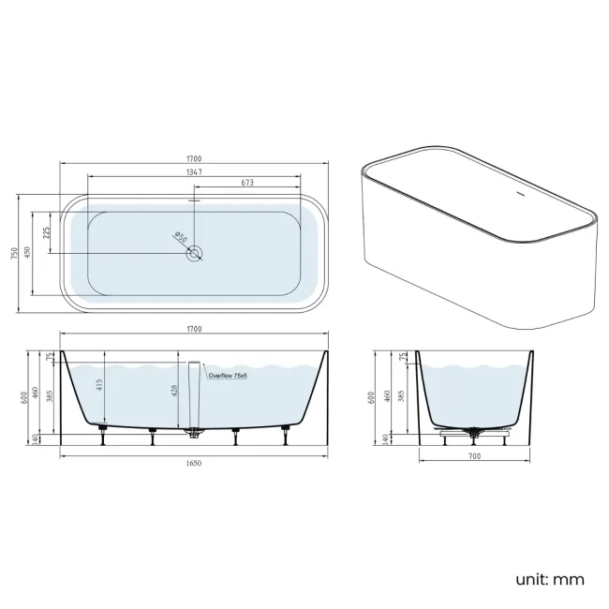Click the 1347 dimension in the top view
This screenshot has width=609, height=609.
(194, 172)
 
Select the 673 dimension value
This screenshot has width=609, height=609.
(247, 184)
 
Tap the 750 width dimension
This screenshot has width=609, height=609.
(15, 254)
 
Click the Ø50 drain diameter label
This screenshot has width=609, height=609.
(180, 238)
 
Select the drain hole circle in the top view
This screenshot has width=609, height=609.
(194, 254)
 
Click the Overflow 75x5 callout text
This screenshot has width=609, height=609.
(227, 375)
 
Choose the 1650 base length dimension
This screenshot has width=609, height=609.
(194, 462)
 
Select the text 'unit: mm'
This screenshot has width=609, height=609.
(549, 579)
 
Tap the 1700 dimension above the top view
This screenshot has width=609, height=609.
(194, 158)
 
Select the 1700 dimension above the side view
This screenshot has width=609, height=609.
(194, 329)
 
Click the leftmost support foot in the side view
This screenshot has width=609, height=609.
(103, 430)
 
